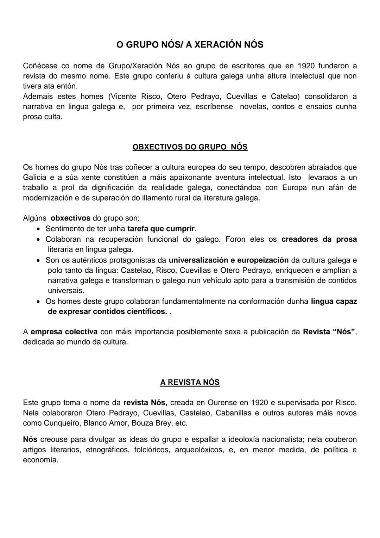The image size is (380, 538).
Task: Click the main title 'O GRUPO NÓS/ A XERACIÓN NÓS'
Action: [x=190, y=45]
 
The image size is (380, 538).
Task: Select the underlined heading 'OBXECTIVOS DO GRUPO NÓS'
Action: [x=190, y=147]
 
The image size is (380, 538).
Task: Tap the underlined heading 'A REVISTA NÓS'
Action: [x=190, y=382]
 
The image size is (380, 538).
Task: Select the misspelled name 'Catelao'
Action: [x=285, y=97]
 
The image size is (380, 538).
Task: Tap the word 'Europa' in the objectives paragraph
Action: [x=295, y=188]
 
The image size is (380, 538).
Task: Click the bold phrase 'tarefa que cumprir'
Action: [x=161, y=229]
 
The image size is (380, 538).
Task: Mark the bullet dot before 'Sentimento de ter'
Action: [x=39, y=229]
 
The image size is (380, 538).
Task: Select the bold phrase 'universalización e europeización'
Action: [x=229, y=260]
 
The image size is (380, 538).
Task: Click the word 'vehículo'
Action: [x=218, y=281]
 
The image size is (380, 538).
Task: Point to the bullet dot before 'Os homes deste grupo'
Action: [x=39, y=302]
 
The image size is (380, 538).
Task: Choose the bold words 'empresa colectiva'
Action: [x=64, y=332]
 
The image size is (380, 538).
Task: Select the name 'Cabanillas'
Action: [x=233, y=413]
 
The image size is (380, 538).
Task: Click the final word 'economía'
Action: [x=40, y=460]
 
